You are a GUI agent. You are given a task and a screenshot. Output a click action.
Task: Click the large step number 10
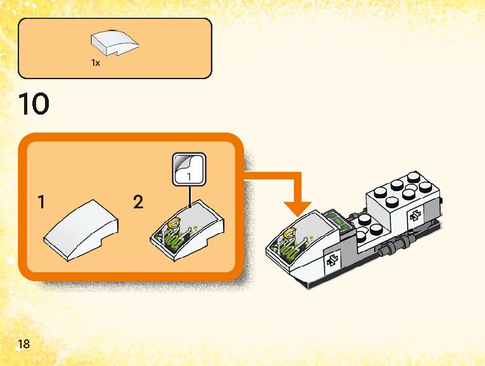tap(34, 104)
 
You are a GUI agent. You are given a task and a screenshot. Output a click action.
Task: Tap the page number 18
tap(24, 344)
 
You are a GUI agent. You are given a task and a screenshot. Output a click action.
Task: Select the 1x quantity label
tap(96, 63)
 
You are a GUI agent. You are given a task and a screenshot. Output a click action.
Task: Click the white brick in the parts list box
tap(115, 43)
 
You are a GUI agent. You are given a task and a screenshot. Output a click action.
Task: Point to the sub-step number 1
tap(41, 203)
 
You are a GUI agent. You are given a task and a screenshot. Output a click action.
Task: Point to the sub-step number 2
tap(138, 203)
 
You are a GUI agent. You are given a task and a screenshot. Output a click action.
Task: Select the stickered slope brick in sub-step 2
tap(188, 232)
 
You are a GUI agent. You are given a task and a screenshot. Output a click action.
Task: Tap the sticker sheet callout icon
tap(190, 169)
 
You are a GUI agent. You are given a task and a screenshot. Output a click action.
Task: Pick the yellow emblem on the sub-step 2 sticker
tap(173, 222)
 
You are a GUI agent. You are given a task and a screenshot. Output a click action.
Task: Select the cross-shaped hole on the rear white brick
tap(416, 216)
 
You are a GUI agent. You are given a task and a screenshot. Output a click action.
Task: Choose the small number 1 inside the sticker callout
tap(190, 178)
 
